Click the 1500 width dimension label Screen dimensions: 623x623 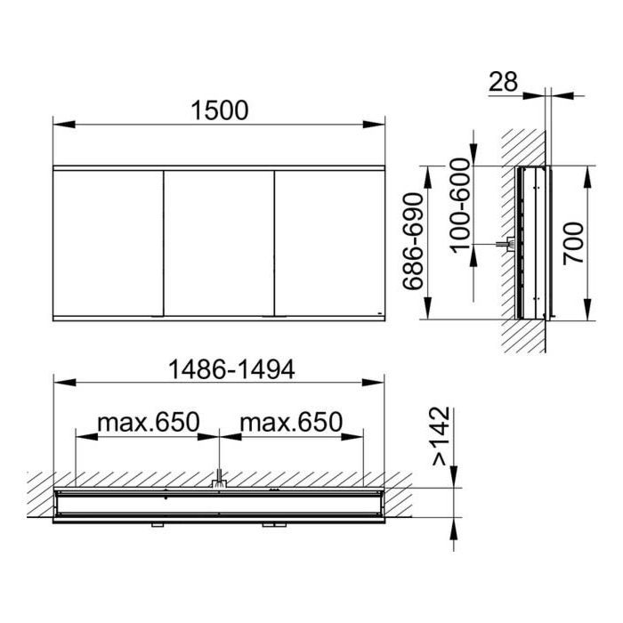[x=219, y=110]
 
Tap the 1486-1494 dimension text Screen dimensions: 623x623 [x=231, y=369]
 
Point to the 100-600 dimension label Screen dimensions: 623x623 [x=460, y=205]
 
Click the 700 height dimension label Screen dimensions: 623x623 [x=574, y=243]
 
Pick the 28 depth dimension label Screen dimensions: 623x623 [x=503, y=82]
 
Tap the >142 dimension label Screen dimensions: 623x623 [x=441, y=436]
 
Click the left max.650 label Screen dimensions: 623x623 [x=149, y=422]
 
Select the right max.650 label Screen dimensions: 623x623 [x=291, y=422]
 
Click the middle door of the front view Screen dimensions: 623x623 [x=219, y=243]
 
